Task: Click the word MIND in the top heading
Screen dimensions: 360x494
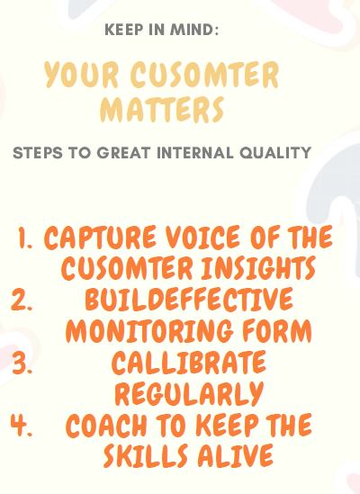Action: [194, 30]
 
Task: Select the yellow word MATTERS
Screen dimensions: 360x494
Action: [162, 109]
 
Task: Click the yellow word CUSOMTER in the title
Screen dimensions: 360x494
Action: [205, 75]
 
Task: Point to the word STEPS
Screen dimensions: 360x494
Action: [38, 153]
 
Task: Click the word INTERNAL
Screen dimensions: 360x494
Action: [195, 153]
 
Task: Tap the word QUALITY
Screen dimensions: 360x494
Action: [275, 153]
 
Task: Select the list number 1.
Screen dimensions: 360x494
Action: [24, 238]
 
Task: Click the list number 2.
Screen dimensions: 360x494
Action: [22, 301]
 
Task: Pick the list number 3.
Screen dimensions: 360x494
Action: [22, 364]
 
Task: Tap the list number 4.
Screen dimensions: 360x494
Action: [22, 426]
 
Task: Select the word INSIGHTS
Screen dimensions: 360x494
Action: [258, 268]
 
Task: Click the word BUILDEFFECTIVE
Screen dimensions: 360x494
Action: [189, 299]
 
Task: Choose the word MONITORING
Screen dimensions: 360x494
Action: [149, 331]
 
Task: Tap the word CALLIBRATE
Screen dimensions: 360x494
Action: [189, 363]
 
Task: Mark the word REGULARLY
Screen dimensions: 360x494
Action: [189, 393]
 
